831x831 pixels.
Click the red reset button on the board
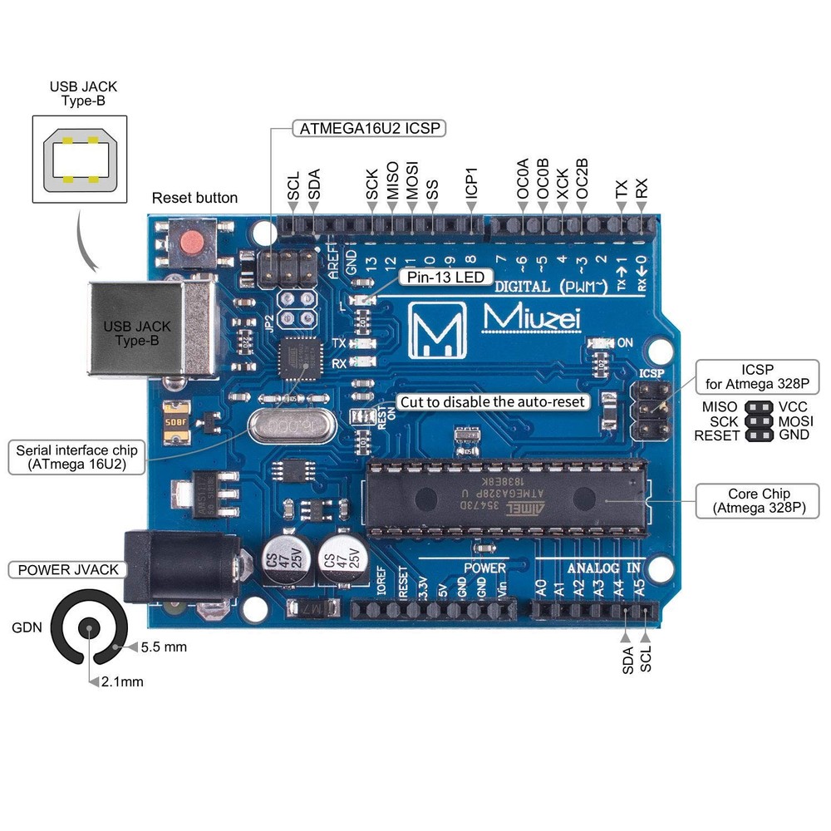pos(192,243)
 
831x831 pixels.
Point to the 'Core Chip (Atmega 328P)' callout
pos(757,499)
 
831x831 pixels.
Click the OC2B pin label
pos(583,183)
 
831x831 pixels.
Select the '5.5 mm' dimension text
pos(163,647)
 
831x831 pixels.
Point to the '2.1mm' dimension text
pos(122,681)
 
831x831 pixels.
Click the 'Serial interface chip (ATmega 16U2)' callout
pos(71,458)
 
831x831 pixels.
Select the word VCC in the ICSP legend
pos(794,407)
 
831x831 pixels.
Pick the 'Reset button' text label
pos(194,198)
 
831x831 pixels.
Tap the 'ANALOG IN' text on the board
pos(603,568)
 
